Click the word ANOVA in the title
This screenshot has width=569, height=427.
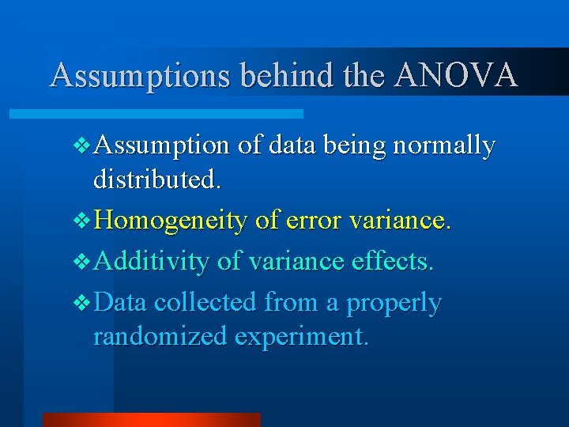click(456, 75)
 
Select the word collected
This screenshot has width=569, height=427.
click(206, 302)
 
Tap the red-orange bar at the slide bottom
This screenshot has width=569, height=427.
click(151, 420)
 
